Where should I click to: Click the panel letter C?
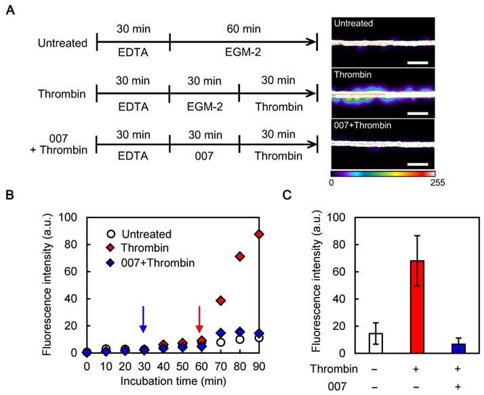point(289,197)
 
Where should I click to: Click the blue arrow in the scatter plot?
point(143,318)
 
